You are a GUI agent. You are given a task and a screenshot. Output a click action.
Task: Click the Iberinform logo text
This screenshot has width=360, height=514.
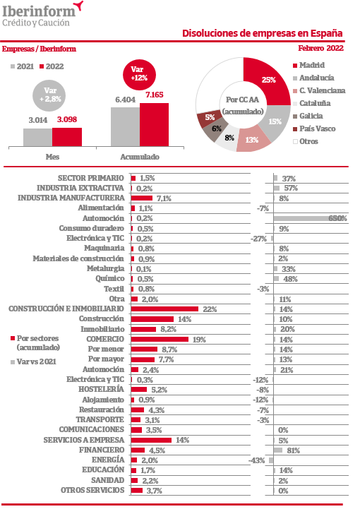click(39, 12)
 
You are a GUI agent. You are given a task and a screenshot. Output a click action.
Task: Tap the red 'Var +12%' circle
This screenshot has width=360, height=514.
click(139, 74)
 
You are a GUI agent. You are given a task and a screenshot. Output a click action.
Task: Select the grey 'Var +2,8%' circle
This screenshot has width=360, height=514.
click(49, 95)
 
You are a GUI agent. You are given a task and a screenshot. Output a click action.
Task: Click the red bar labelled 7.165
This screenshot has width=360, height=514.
click(154, 124)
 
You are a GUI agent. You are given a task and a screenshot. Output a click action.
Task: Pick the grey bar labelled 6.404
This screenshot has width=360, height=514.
click(125, 127)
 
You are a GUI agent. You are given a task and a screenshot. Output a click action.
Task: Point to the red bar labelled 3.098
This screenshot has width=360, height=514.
click(67, 137)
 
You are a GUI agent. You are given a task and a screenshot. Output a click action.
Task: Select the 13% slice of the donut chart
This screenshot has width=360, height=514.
click(253, 139)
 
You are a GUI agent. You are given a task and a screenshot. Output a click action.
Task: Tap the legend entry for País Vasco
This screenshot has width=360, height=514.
click(314, 128)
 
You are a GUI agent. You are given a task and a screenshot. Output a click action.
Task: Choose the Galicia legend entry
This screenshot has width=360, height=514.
click(308, 116)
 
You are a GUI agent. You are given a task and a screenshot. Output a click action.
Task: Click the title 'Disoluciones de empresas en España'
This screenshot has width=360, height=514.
click(263, 33)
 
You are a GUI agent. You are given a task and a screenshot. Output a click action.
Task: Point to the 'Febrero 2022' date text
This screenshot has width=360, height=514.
click(320, 48)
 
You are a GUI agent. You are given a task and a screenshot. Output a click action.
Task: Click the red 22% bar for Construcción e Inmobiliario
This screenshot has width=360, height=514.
click(164, 309)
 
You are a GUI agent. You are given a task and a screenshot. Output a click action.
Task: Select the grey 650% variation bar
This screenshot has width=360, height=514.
click(310, 218)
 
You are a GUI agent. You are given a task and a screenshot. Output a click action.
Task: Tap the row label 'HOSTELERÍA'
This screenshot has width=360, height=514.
click(102, 389)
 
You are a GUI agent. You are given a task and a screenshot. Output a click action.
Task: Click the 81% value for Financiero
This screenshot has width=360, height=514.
click(293, 450)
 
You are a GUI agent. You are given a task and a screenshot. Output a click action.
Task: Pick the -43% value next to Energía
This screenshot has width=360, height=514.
click(257, 460)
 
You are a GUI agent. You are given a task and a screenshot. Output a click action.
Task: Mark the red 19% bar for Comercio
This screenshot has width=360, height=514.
click(160, 339)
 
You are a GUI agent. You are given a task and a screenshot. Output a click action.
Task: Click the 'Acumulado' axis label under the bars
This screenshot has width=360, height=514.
click(140, 157)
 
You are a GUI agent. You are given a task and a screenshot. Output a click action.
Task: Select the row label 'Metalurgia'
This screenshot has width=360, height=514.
click(106, 269)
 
